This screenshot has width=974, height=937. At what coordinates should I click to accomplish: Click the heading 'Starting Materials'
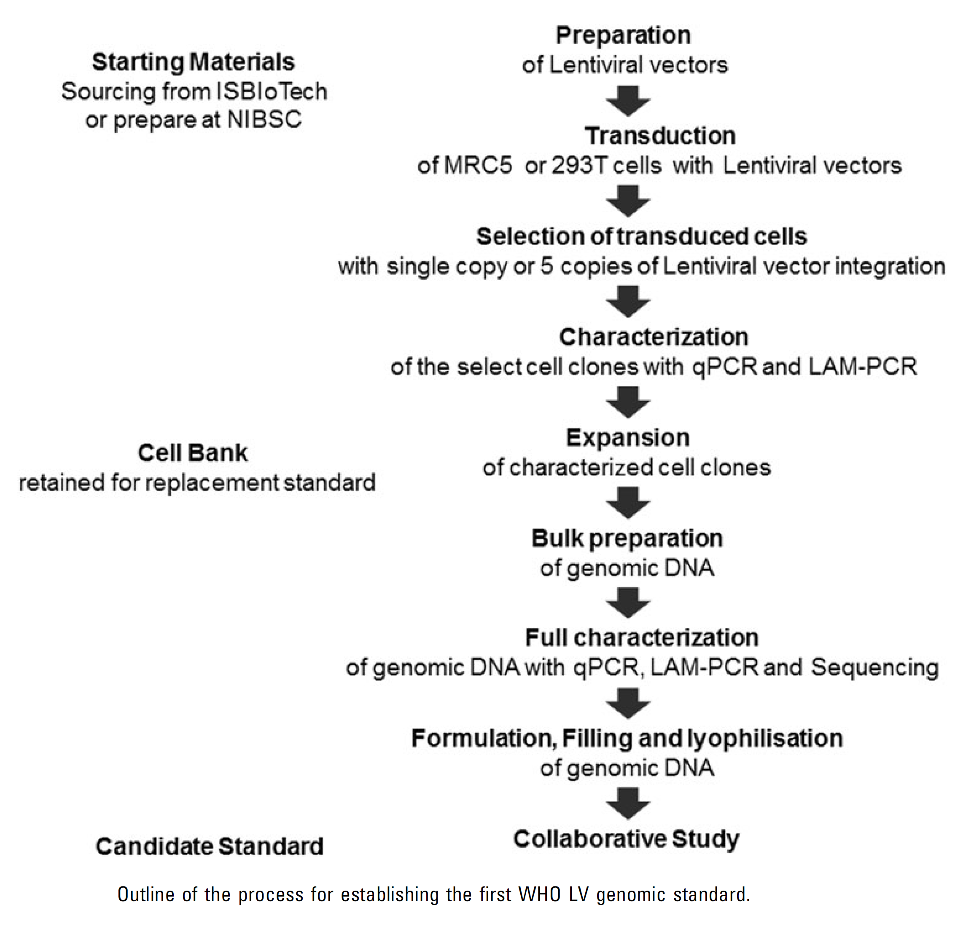click(x=193, y=62)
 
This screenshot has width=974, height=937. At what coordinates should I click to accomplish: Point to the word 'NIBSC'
click(x=264, y=120)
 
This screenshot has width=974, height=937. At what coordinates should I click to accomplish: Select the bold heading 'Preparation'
click(x=623, y=35)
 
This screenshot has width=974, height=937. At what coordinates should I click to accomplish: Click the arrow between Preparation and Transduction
click(x=628, y=101)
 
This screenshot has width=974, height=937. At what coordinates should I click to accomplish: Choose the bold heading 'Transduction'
click(x=660, y=136)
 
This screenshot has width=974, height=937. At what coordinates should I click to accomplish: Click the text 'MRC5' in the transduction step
click(x=478, y=165)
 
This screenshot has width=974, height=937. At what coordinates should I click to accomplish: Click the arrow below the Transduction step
click(x=628, y=201)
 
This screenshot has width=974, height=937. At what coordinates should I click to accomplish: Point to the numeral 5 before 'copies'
click(x=546, y=267)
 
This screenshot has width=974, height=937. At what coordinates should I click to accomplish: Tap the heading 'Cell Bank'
click(x=193, y=453)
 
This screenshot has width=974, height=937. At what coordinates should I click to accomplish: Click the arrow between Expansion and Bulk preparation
click(x=628, y=503)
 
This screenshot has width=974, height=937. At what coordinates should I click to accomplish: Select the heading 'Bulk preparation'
click(x=627, y=538)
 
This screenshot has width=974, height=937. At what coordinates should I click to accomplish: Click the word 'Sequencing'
click(x=874, y=667)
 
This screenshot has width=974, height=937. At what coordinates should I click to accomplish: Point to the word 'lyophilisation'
click(x=765, y=739)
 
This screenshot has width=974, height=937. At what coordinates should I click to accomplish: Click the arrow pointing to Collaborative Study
click(x=628, y=803)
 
